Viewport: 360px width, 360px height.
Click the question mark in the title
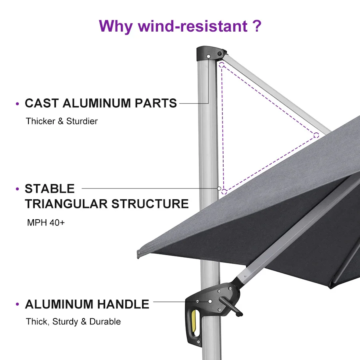click(x=257, y=26)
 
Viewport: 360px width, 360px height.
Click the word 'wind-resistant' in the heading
click(x=193, y=26)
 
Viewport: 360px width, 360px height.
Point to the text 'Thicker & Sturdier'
click(x=62, y=121)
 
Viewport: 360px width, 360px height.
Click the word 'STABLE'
click(x=50, y=189)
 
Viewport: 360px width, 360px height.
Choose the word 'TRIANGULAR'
click(x=66, y=204)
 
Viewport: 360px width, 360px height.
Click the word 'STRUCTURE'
click(x=150, y=204)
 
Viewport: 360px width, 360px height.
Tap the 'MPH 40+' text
click(x=46, y=222)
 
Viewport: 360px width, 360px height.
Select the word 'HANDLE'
click(x=124, y=304)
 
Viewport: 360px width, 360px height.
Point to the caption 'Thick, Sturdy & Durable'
click(x=73, y=322)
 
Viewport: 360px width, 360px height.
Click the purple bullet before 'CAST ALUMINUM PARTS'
click(x=17, y=104)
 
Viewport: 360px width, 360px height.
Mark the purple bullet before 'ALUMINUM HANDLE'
click(x=17, y=305)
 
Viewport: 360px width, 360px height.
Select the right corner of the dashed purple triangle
click(x=316, y=134)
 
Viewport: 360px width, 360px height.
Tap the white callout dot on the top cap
click(x=209, y=57)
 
